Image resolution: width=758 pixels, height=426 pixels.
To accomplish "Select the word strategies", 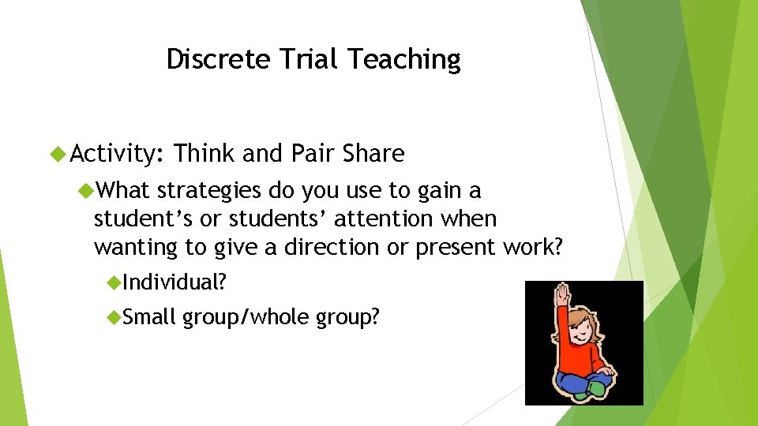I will click(x=209, y=191).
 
